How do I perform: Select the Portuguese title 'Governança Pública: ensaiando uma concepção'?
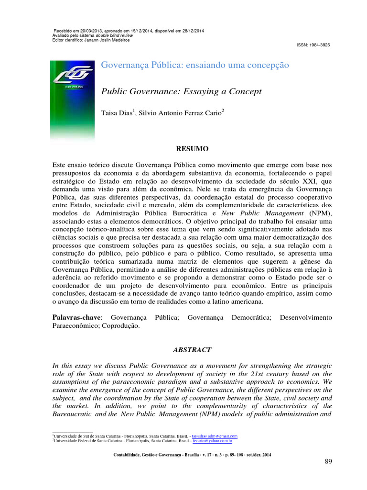(x=195, y=65)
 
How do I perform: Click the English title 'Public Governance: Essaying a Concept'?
(x=181, y=91)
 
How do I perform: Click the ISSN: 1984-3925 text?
(x=313, y=45)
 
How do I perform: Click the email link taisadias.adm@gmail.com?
(x=214, y=436)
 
